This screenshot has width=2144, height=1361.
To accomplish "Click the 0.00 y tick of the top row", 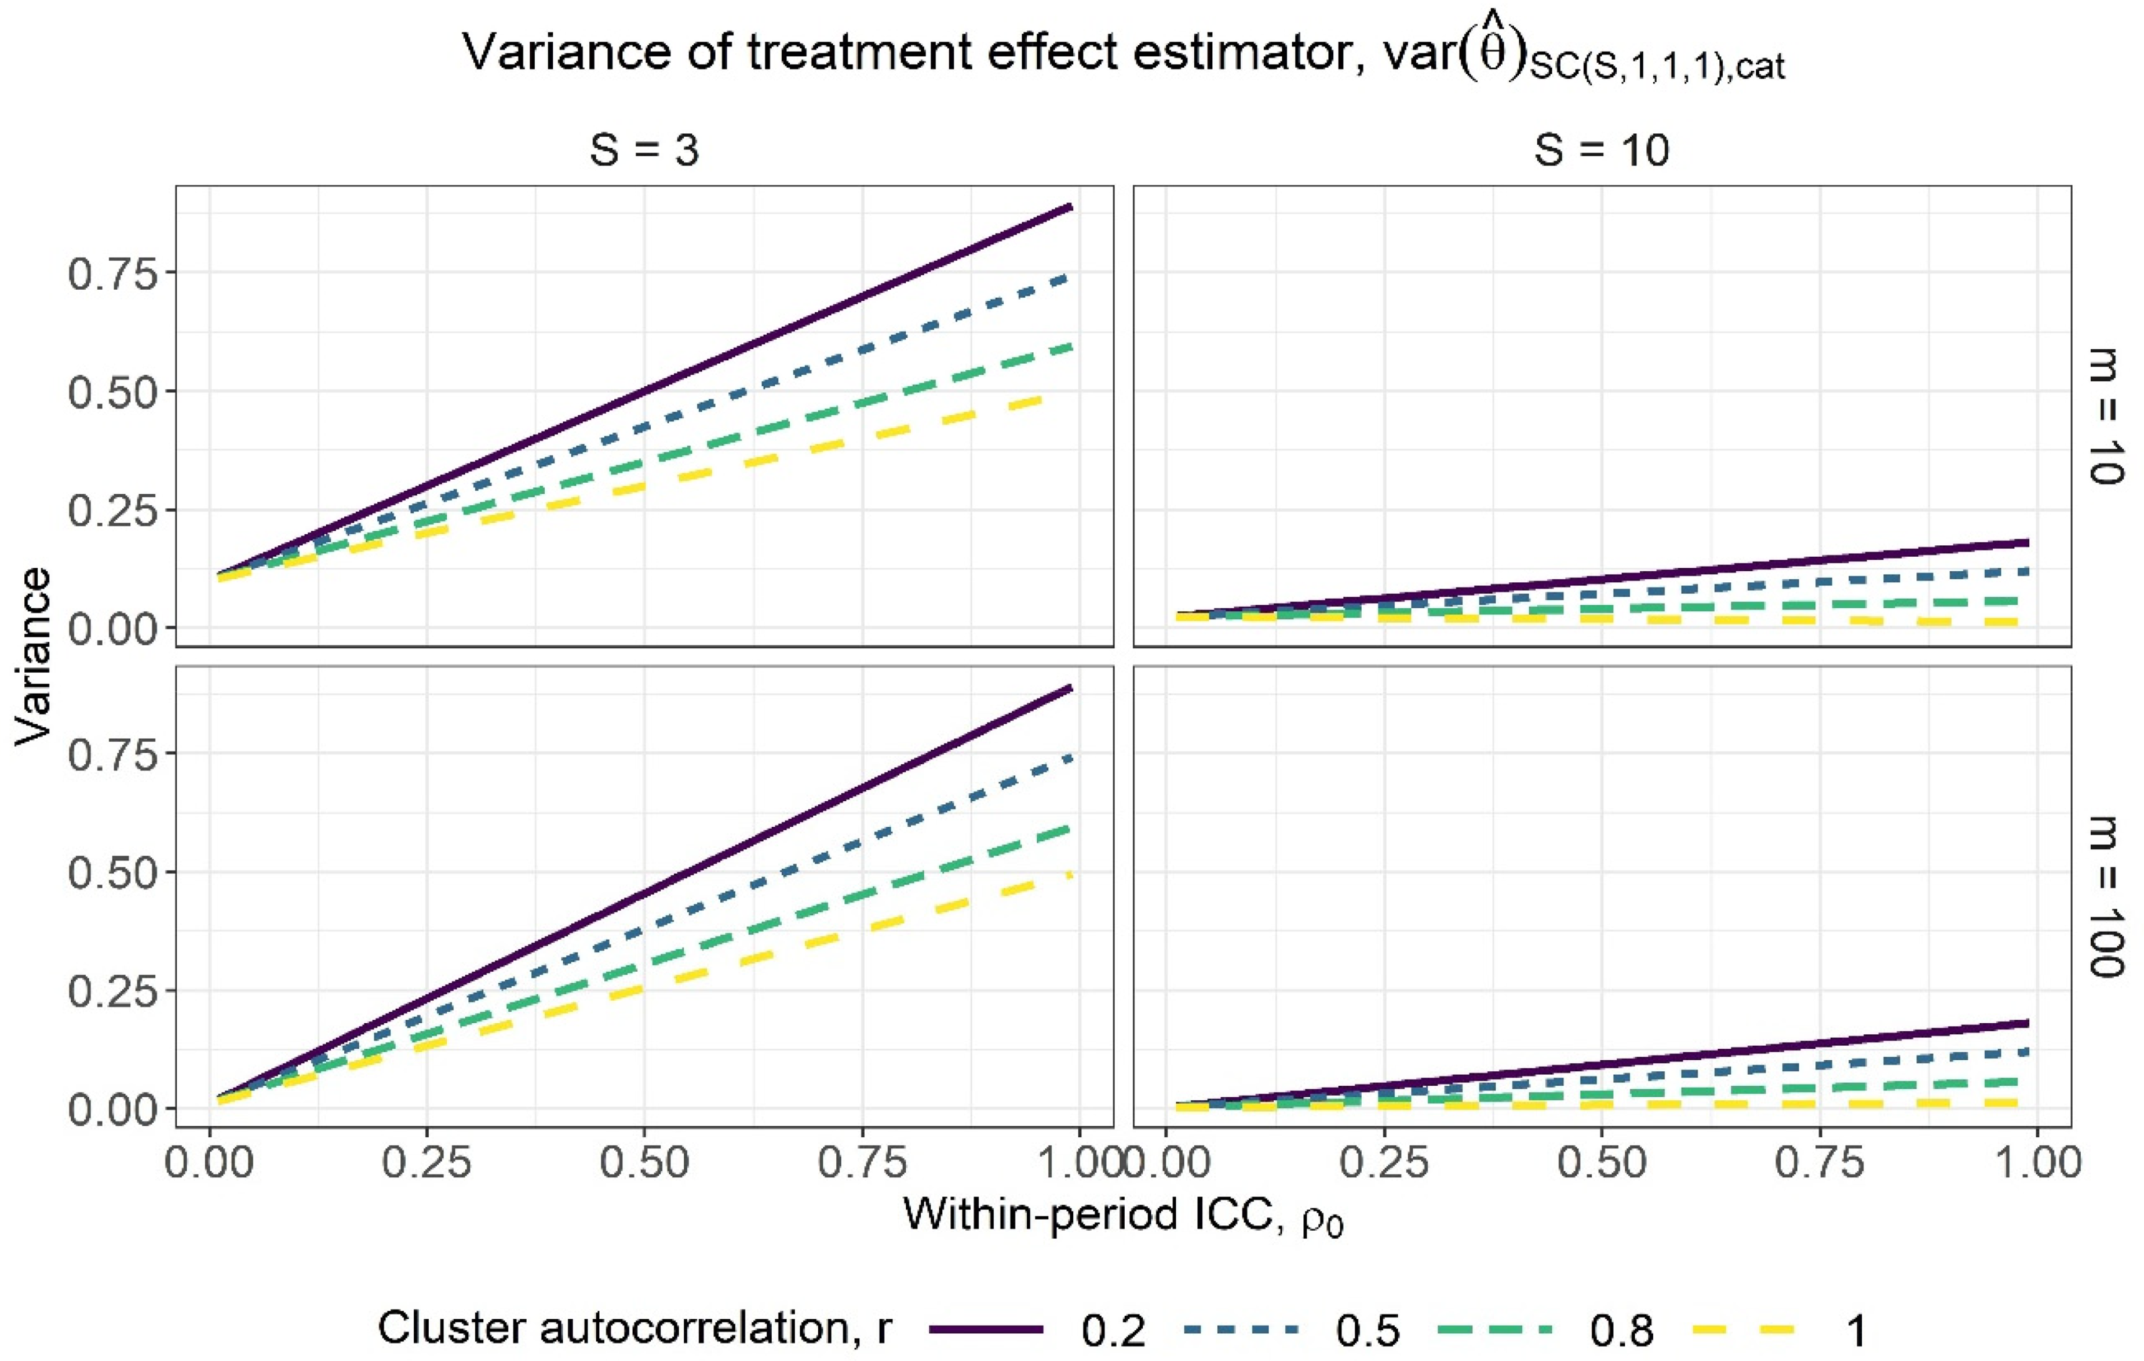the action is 111,629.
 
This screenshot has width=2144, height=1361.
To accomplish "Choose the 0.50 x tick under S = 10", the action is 1601,1163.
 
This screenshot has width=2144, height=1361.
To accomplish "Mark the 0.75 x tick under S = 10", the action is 1819,1163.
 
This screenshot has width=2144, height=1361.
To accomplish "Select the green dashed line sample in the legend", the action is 1496,1330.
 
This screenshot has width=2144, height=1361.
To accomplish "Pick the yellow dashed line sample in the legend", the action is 1751,1330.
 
